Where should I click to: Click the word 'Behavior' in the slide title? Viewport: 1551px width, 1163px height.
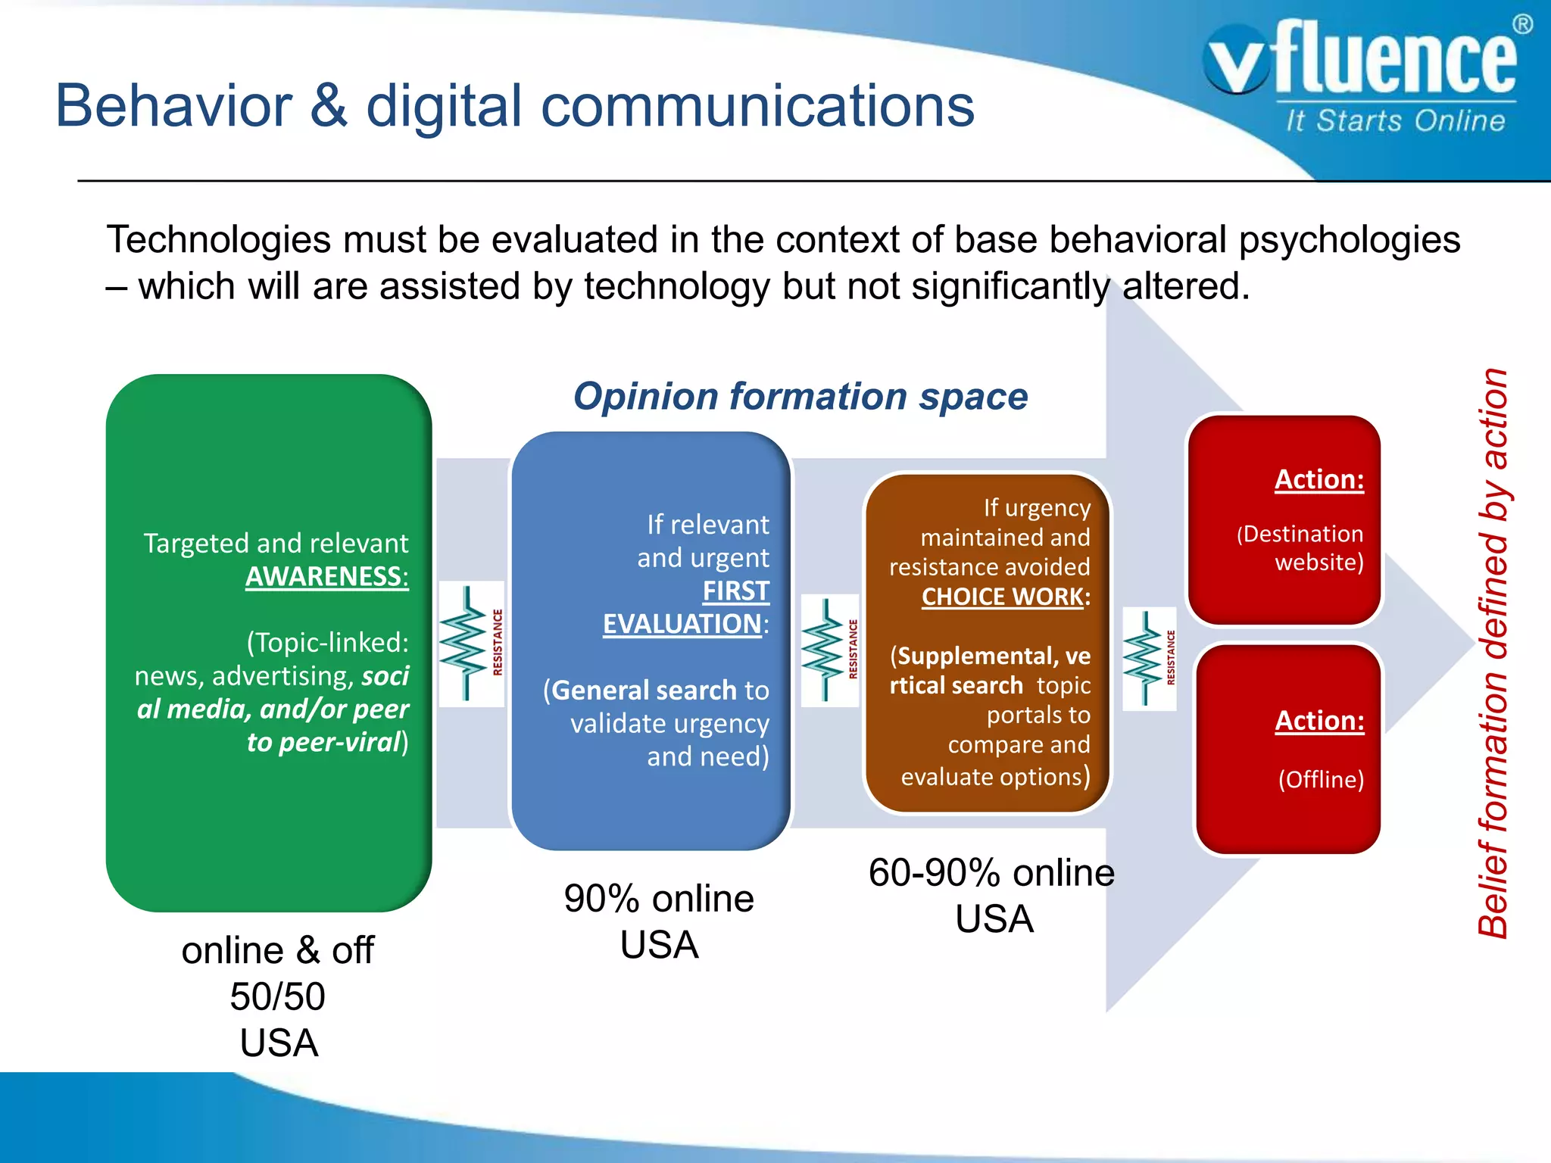174,106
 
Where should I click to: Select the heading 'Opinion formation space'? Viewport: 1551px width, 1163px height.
800,397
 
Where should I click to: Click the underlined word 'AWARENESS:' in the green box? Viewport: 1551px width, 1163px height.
326,577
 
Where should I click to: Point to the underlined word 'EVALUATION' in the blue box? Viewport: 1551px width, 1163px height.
682,624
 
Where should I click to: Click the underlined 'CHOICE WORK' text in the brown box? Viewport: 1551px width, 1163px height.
1002,597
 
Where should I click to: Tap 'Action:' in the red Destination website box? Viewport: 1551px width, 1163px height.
1319,479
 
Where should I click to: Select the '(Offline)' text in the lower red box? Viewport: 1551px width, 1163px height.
1321,779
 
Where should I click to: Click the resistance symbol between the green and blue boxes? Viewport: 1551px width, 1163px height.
471,644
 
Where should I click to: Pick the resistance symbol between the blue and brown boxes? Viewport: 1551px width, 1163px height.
829,650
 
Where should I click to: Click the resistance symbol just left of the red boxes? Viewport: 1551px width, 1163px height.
1149,658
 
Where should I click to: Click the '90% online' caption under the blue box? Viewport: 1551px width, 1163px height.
659,899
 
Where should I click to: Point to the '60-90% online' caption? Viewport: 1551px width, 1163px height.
991,873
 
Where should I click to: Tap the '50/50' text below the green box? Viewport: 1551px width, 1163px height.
277,996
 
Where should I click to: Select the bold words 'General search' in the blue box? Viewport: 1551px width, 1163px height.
644,691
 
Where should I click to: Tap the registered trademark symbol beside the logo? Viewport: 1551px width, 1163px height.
1522,24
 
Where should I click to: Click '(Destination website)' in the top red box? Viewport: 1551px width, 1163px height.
1300,547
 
